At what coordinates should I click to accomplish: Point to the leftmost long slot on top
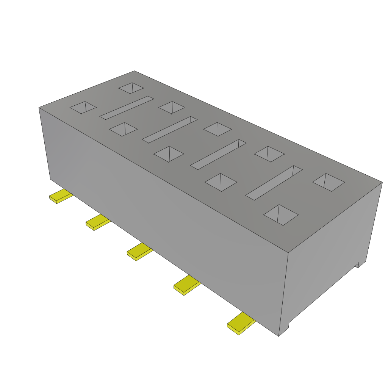point(127,108)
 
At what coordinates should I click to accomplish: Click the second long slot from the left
point(170,130)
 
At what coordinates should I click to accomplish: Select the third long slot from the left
point(218,154)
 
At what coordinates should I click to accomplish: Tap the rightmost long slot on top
point(274,183)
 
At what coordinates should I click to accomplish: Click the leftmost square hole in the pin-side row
point(83,107)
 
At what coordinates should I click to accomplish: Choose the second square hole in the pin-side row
point(123,129)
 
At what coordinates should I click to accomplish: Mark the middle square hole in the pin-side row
point(169,154)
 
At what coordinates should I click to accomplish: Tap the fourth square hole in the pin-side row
point(221,182)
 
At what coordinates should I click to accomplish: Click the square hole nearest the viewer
point(281,215)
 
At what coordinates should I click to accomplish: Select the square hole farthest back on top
point(131,88)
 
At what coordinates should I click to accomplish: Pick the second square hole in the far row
point(172,107)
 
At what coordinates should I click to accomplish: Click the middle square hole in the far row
point(217,129)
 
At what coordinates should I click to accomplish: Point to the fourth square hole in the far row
point(269,154)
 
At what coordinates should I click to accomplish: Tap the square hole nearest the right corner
point(329,182)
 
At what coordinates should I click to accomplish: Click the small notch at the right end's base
point(358,264)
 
